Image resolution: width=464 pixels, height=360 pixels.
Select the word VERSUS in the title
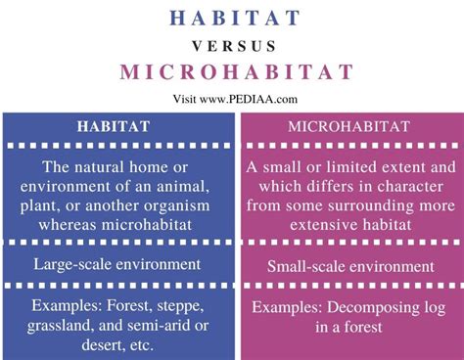pos(231,46)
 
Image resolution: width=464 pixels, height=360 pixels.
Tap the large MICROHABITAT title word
pos(231,73)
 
